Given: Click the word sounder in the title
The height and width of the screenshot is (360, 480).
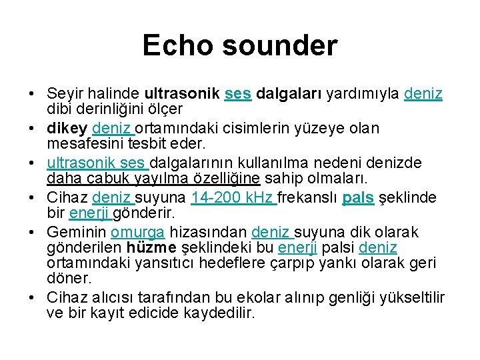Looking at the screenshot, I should (x=281, y=46).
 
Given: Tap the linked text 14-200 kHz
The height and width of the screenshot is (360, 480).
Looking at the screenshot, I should (x=233, y=197).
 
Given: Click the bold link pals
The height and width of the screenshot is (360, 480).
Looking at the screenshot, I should (x=361, y=197).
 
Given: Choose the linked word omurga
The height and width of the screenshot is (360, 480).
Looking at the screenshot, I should (x=137, y=232).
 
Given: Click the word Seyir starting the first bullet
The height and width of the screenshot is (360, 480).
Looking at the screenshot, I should (x=65, y=93).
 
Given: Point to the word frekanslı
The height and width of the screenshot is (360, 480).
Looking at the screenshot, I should (x=309, y=197).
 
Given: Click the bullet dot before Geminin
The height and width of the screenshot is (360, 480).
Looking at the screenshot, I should (x=32, y=233).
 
